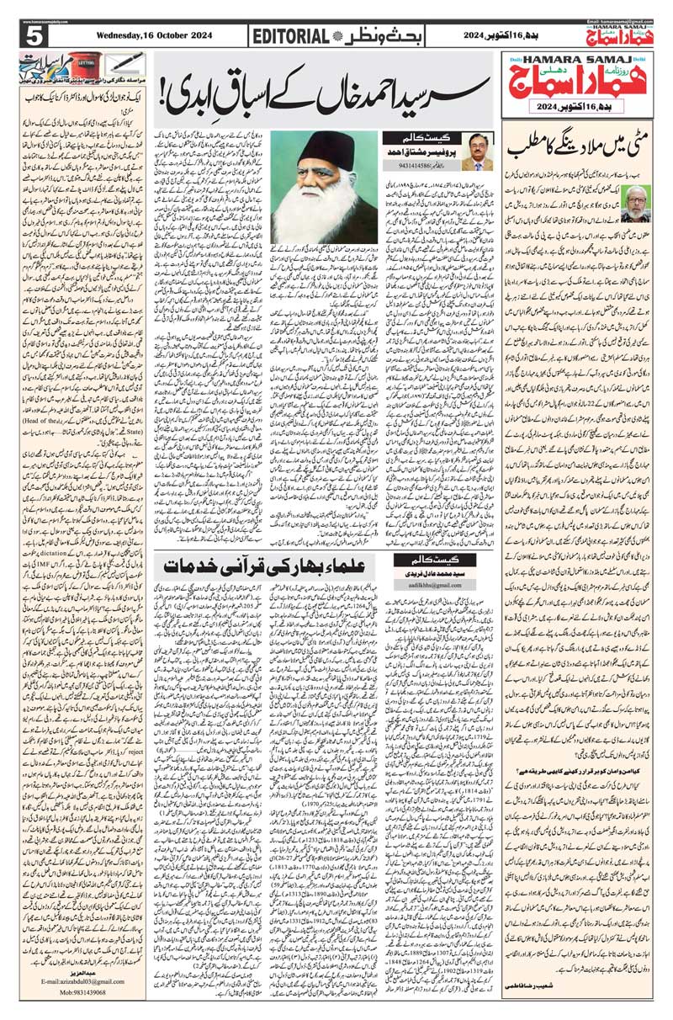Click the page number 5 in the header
(34, 36)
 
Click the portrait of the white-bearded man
(325, 185)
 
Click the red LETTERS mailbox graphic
(83, 64)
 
